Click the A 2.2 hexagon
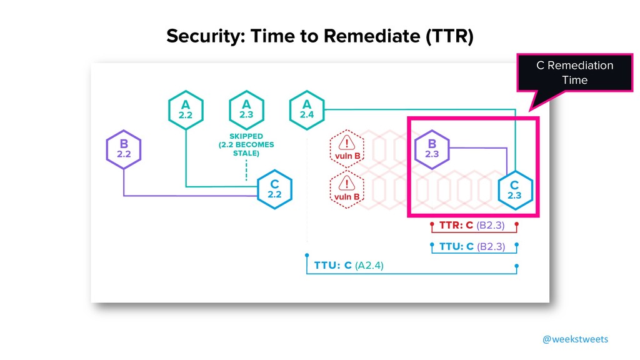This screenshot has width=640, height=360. pyautogui.click(x=186, y=111)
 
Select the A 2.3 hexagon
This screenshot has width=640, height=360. pyautogui.click(x=246, y=111)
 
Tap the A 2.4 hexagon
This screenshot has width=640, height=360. pyautogui.click(x=307, y=111)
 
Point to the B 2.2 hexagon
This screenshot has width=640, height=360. pyautogui.click(x=124, y=149)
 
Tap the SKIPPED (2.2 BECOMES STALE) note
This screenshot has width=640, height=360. pyautogui.click(x=246, y=145)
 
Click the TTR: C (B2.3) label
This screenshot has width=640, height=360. pyautogui.click(x=472, y=224)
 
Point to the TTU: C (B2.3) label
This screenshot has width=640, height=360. pyautogui.click(x=472, y=246)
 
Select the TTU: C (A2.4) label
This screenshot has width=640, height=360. pyautogui.click(x=349, y=265)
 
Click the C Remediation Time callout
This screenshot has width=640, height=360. pyautogui.click(x=574, y=72)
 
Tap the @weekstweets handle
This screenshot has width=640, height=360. pyautogui.click(x=574, y=339)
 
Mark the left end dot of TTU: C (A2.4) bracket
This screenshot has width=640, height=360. pyautogui.click(x=306, y=255)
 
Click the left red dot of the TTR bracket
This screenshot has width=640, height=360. pyautogui.click(x=431, y=222)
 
